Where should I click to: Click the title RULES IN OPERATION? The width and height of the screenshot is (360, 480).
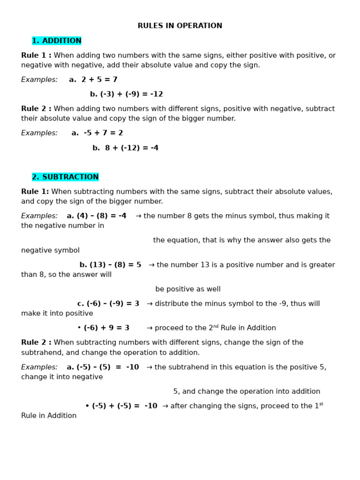[x=180, y=26]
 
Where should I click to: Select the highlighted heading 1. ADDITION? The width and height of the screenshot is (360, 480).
[x=57, y=41]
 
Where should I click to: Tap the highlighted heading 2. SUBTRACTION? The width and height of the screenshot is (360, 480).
[x=65, y=177]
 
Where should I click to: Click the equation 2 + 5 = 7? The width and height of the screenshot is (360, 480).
[x=99, y=80]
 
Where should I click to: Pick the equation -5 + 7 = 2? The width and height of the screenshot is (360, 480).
[x=103, y=134]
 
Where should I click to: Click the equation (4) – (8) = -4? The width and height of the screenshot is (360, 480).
[x=101, y=216]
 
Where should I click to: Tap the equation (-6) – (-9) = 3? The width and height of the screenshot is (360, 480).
[x=113, y=304]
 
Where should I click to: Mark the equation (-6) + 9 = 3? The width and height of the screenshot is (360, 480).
[x=106, y=328]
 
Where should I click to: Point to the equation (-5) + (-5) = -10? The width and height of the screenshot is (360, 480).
[x=125, y=406]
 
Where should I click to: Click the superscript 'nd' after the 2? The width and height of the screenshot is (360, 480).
[x=216, y=326]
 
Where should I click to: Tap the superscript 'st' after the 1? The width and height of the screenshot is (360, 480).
[x=321, y=404]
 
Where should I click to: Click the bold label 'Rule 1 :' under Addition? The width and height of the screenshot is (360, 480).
[x=36, y=56]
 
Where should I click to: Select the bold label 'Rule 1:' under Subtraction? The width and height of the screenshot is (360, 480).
[x=35, y=192]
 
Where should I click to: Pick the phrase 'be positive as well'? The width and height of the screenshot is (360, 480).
[x=188, y=290]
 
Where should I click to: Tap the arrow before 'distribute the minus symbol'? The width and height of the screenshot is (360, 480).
[x=150, y=304]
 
